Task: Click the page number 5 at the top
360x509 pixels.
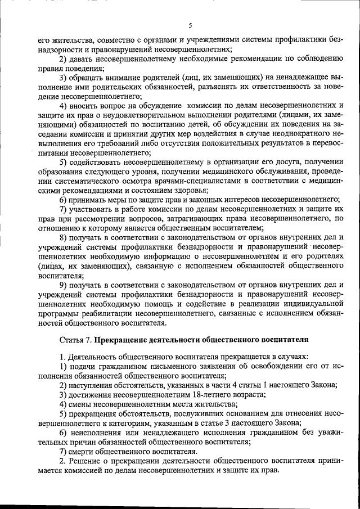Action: (190, 25)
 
